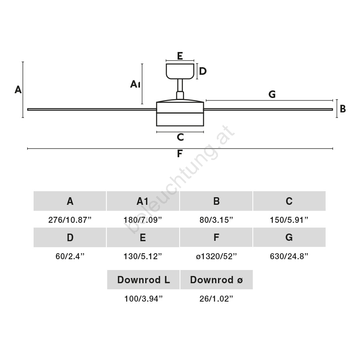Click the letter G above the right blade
(272, 94)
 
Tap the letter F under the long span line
(180, 153)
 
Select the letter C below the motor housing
(180, 137)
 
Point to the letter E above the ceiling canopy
(180, 56)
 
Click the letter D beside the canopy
(203, 71)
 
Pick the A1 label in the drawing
(135, 84)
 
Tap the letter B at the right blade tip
(343, 109)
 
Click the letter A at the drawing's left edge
(18, 90)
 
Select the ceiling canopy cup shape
(180, 72)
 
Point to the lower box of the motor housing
(180, 120)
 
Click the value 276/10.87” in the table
(70, 220)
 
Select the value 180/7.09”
(143, 220)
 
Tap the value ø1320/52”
(216, 256)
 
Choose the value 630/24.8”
(289, 256)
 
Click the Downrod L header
(144, 280)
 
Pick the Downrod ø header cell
(216, 280)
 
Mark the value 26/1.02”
(216, 299)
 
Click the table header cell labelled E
(143, 237)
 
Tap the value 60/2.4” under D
(70, 256)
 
